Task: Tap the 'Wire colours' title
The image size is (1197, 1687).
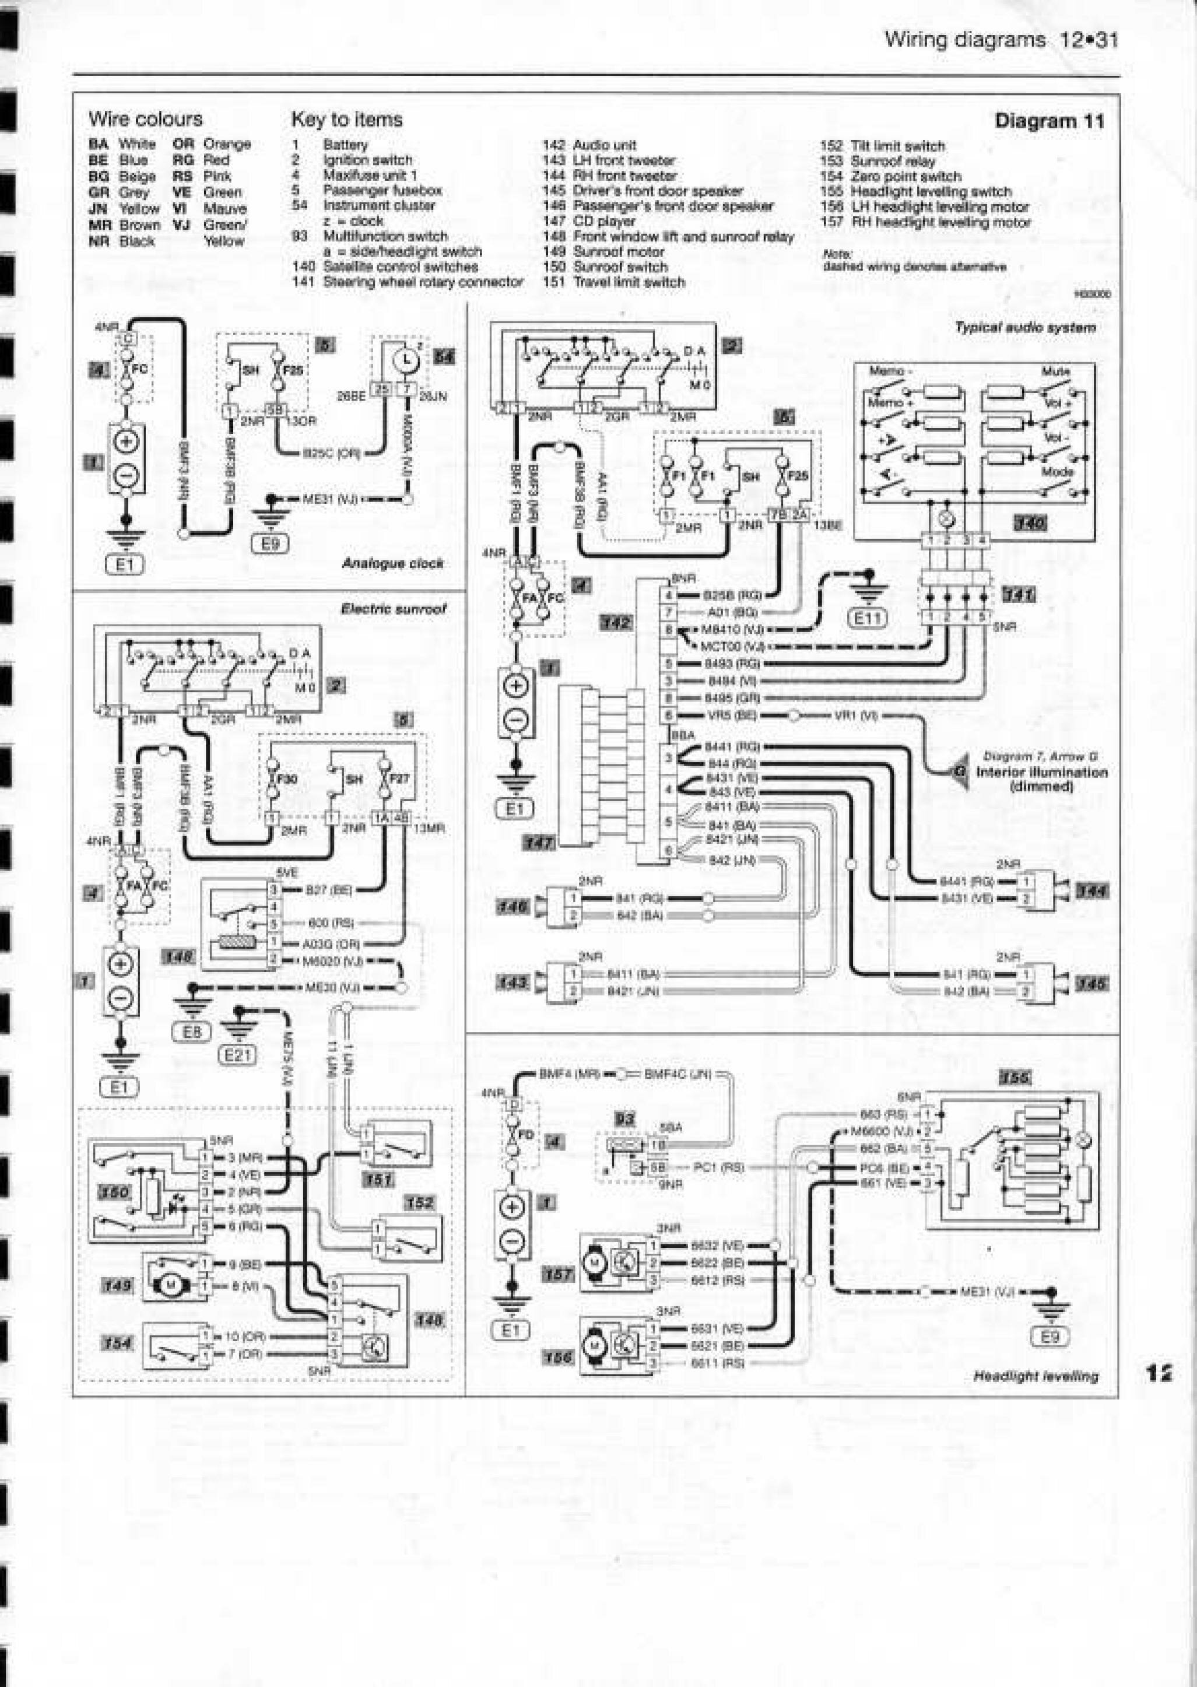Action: coord(145,118)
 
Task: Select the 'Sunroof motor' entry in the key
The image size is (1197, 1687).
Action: coord(619,252)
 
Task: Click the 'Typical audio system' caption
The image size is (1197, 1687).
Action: coord(1024,327)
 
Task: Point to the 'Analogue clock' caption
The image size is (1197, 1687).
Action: coord(392,564)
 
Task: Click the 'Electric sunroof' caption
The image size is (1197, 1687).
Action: coord(393,609)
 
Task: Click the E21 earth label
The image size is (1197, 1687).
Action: coord(237,1055)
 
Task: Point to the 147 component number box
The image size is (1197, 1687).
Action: coord(538,841)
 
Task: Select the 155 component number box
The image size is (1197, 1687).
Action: coord(1013,1078)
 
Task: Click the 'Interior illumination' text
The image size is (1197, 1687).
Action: coord(1041,771)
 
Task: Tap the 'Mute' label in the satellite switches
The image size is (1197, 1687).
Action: coord(1055,371)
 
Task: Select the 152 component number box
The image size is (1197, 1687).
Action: coord(419,1203)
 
